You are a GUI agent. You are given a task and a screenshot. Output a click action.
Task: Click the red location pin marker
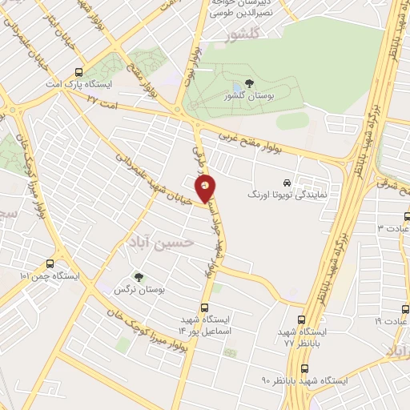(x=206, y=188)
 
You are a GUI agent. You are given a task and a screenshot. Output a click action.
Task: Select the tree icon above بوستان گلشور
(x=249, y=83)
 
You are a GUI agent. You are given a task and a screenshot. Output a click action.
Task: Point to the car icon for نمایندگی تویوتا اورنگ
(x=287, y=183)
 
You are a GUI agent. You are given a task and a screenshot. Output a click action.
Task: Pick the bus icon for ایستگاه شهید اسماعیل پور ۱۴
(x=205, y=307)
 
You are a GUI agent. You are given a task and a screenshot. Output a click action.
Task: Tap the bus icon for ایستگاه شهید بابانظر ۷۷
(x=303, y=320)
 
